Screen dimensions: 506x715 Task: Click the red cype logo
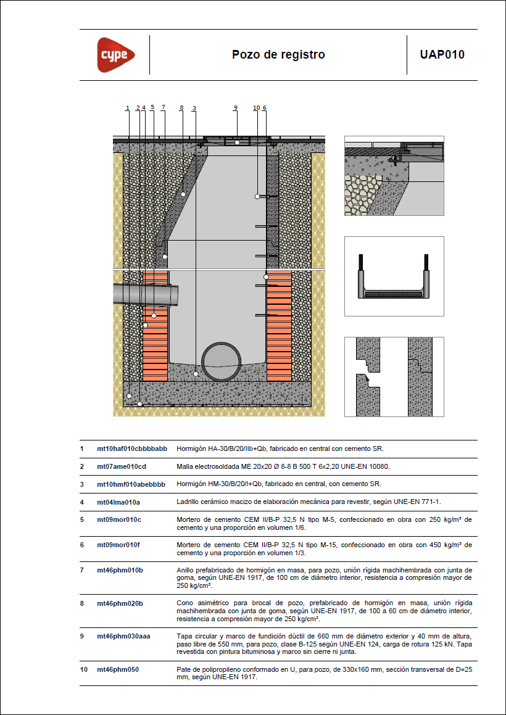(116, 55)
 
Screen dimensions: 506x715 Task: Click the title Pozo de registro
(278, 55)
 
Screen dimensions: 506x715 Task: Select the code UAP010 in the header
(442, 55)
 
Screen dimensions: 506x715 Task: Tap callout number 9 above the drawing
(236, 107)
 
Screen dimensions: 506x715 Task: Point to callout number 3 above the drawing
(194, 108)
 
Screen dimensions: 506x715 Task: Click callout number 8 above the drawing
(181, 107)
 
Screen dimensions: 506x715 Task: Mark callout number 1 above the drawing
(128, 107)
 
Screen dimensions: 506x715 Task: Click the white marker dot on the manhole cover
(237, 143)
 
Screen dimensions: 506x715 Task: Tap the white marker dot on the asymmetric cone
(183, 194)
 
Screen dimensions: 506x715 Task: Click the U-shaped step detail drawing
(394, 277)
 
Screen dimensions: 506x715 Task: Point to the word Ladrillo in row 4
(187, 502)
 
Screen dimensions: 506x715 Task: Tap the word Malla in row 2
(183, 466)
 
